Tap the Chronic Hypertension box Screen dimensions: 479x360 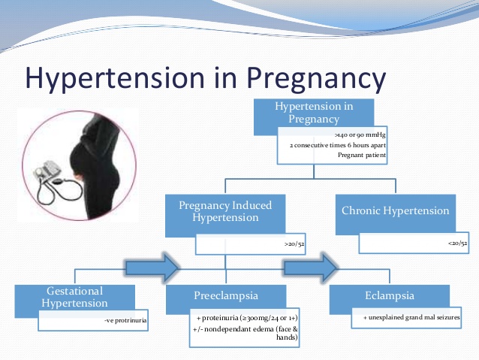pyautogui.click(x=396, y=214)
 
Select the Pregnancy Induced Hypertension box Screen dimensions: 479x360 pyautogui.click(x=225, y=216)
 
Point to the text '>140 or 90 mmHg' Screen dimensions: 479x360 pyautogui.click(x=360, y=135)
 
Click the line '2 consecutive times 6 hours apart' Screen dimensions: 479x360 pyautogui.click(x=338, y=145)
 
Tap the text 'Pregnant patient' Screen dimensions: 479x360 pyautogui.click(x=362, y=155)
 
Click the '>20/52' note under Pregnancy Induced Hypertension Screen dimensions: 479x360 pyautogui.click(x=294, y=244)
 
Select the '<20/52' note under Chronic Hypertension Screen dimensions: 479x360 pyautogui.click(x=458, y=244)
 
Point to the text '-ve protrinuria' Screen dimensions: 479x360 pyautogui.click(x=125, y=320)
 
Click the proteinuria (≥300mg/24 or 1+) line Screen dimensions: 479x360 pyautogui.click(x=247, y=318)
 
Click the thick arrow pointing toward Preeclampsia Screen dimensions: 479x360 pyautogui.click(x=152, y=268)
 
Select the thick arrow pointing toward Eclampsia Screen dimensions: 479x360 pyautogui.click(x=311, y=268)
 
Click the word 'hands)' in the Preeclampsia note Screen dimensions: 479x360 pyautogui.click(x=287, y=337)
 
